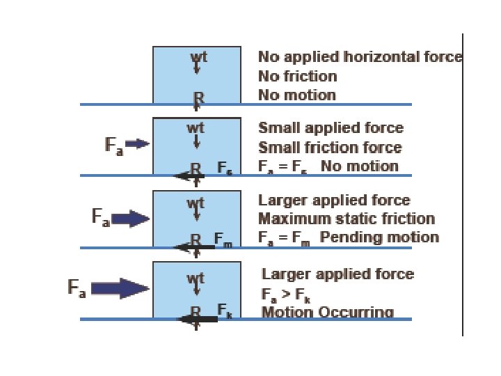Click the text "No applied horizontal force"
(360, 57)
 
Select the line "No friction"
(297, 76)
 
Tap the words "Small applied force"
(331, 128)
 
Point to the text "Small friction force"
(330, 148)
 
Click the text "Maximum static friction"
(347, 219)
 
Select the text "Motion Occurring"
(327, 312)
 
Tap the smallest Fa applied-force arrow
(138, 144)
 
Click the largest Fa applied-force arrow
(120, 288)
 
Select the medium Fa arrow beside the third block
(131, 219)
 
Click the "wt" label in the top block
(198, 56)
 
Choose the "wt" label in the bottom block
(196, 279)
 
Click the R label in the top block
(198, 97)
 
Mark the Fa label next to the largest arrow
(77, 287)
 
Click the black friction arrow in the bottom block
(198, 319)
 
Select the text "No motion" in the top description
(297, 95)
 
